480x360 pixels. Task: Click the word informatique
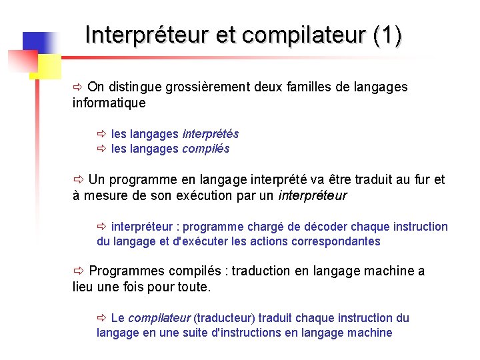tap(109, 103)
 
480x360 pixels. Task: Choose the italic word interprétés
tap(210, 134)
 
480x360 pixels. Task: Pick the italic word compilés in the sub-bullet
tap(205, 149)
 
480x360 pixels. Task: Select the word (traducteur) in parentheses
tap(224, 318)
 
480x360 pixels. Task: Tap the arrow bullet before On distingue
tap(77, 87)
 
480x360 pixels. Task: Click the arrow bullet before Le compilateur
tap(102, 318)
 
